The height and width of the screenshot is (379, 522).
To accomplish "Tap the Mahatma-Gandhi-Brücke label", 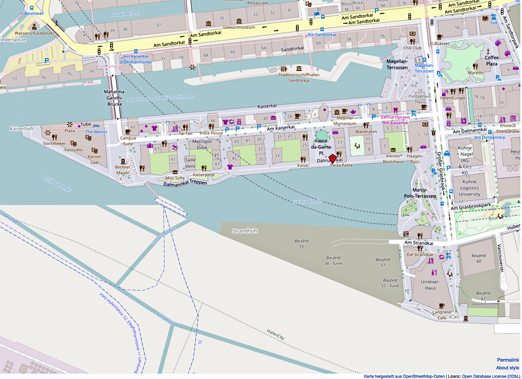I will pyautogui.click(x=114, y=98).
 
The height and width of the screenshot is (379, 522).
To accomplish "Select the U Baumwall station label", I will pyautogui.click(x=32, y=13).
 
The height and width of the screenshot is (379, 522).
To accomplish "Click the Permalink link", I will pyautogui.click(x=508, y=360).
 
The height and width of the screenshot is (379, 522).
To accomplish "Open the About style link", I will pyautogui.click(x=508, y=368).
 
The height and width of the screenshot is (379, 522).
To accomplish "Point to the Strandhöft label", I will pyautogui.click(x=245, y=231).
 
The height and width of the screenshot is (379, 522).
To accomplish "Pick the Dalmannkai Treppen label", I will pyautogui.click(x=185, y=183).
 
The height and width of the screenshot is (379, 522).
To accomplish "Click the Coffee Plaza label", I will pyautogui.click(x=491, y=61).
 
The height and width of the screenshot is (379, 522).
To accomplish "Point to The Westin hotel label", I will pyautogui.click(x=96, y=132).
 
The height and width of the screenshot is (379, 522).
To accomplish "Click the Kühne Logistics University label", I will pyautogui.click(x=469, y=188).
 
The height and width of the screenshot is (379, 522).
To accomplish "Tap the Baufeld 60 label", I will pyautogui.click(x=479, y=258).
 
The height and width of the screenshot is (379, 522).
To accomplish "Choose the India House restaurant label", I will pyautogui.click(x=211, y=133).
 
